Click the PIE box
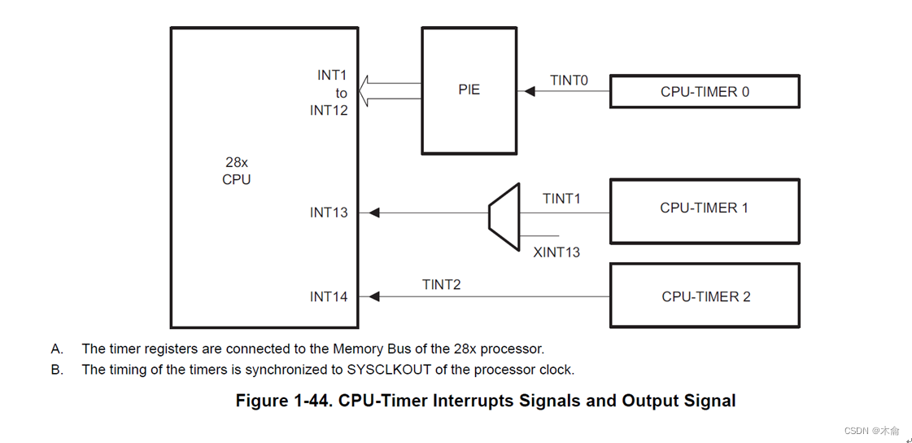point(469,90)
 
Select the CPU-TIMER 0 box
point(705,92)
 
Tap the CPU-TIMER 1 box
point(704,208)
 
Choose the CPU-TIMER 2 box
point(705,296)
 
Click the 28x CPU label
point(237,171)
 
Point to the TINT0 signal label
point(569,80)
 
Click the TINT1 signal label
point(561,199)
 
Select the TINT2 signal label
point(441,284)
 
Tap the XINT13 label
point(556,252)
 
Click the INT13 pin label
point(329,213)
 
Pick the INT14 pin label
point(329,297)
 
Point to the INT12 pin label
point(329,111)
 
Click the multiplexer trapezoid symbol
point(504,217)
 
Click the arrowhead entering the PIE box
point(529,92)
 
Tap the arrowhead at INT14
point(374,297)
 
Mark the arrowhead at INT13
point(374,213)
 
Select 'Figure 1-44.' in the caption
point(284,401)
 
